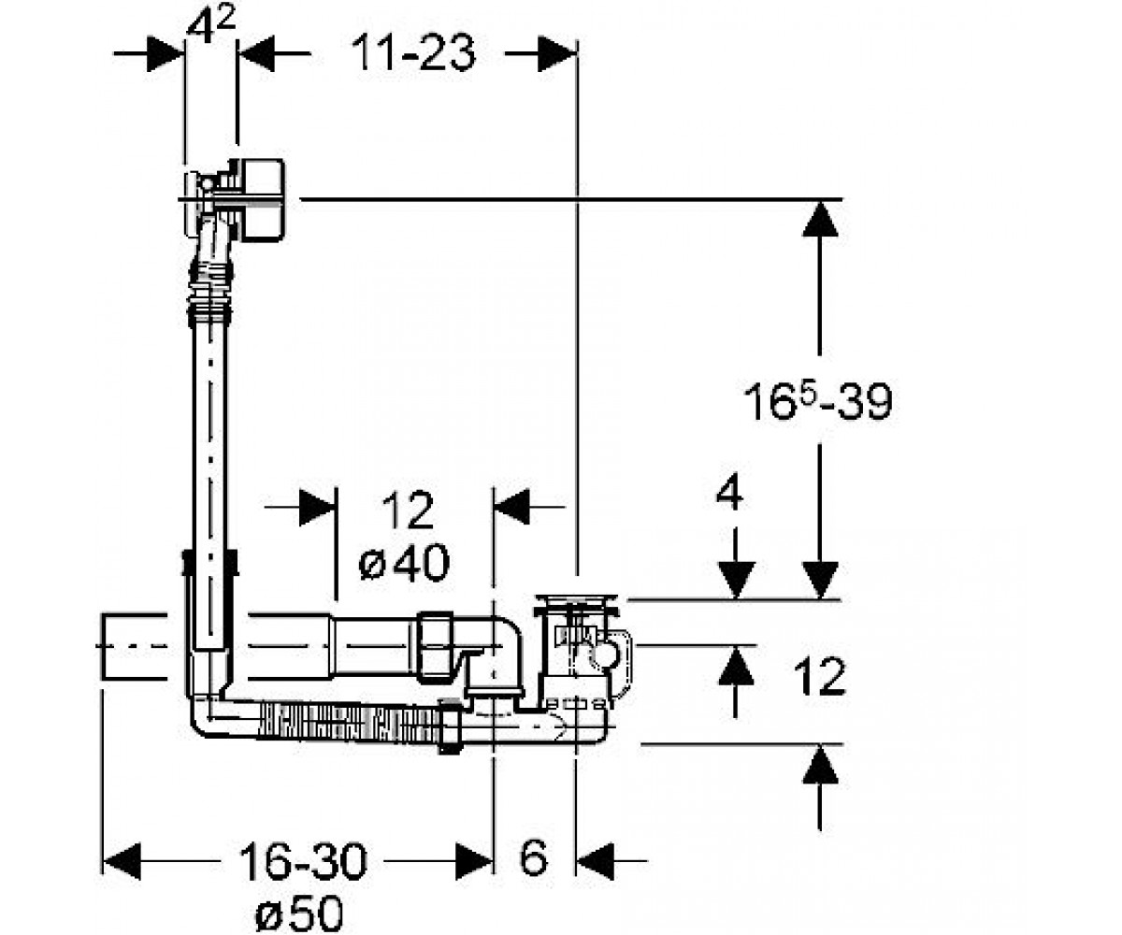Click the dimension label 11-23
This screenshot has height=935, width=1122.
(x=413, y=53)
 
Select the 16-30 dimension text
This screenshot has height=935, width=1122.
(x=303, y=861)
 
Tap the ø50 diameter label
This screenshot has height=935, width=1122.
(x=299, y=913)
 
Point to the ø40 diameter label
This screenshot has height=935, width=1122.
(x=404, y=564)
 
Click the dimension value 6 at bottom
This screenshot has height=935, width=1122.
(x=534, y=858)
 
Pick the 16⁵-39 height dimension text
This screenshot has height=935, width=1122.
(x=817, y=401)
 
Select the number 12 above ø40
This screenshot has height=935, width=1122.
(x=408, y=510)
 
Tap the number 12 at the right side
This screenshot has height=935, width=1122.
(x=819, y=677)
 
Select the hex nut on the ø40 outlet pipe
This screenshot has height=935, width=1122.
(x=436, y=647)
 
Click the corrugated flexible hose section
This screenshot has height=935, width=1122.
(x=350, y=722)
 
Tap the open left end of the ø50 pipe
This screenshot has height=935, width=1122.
(x=103, y=646)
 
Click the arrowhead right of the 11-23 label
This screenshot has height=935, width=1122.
(x=557, y=53)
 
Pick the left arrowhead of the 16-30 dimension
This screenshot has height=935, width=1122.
(x=122, y=861)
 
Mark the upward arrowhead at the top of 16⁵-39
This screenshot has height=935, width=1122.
(x=819, y=218)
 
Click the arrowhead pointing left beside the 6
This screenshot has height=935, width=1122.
(x=595, y=861)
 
